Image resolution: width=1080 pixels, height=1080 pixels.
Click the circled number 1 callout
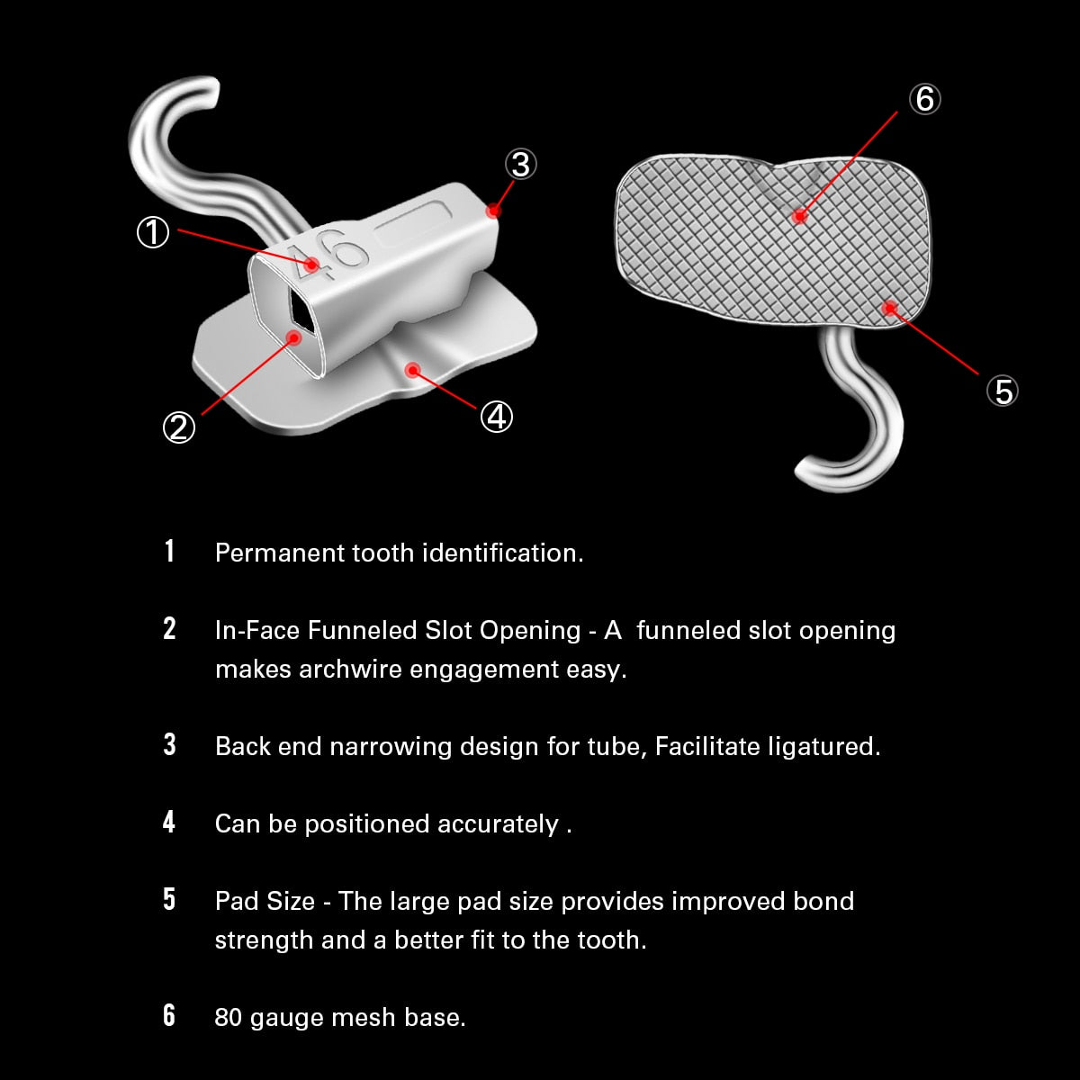[x=152, y=232]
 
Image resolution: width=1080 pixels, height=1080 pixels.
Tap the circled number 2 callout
[x=178, y=427]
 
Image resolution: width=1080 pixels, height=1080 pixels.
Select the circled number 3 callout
[x=520, y=164]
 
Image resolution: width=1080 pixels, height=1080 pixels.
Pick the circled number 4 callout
[x=496, y=416]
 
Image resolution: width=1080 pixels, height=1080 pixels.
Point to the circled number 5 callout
[x=1002, y=391]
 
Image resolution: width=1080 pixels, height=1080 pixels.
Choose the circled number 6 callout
[x=924, y=98]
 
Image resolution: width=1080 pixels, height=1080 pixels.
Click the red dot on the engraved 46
[x=311, y=264]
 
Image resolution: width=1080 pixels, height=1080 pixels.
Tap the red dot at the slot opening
[x=293, y=337]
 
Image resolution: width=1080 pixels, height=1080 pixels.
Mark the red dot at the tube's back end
[x=492, y=211]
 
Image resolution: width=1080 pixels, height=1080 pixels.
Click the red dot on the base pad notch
[x=413, y=369]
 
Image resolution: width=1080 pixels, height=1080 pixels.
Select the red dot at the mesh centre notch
[x=798, y=215]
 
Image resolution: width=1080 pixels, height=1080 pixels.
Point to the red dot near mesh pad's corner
[x=889, y=309]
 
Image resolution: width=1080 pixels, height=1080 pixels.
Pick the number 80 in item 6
[x=229, y=1018]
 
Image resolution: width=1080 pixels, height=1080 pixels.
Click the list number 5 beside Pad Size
[x=169, y=900]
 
